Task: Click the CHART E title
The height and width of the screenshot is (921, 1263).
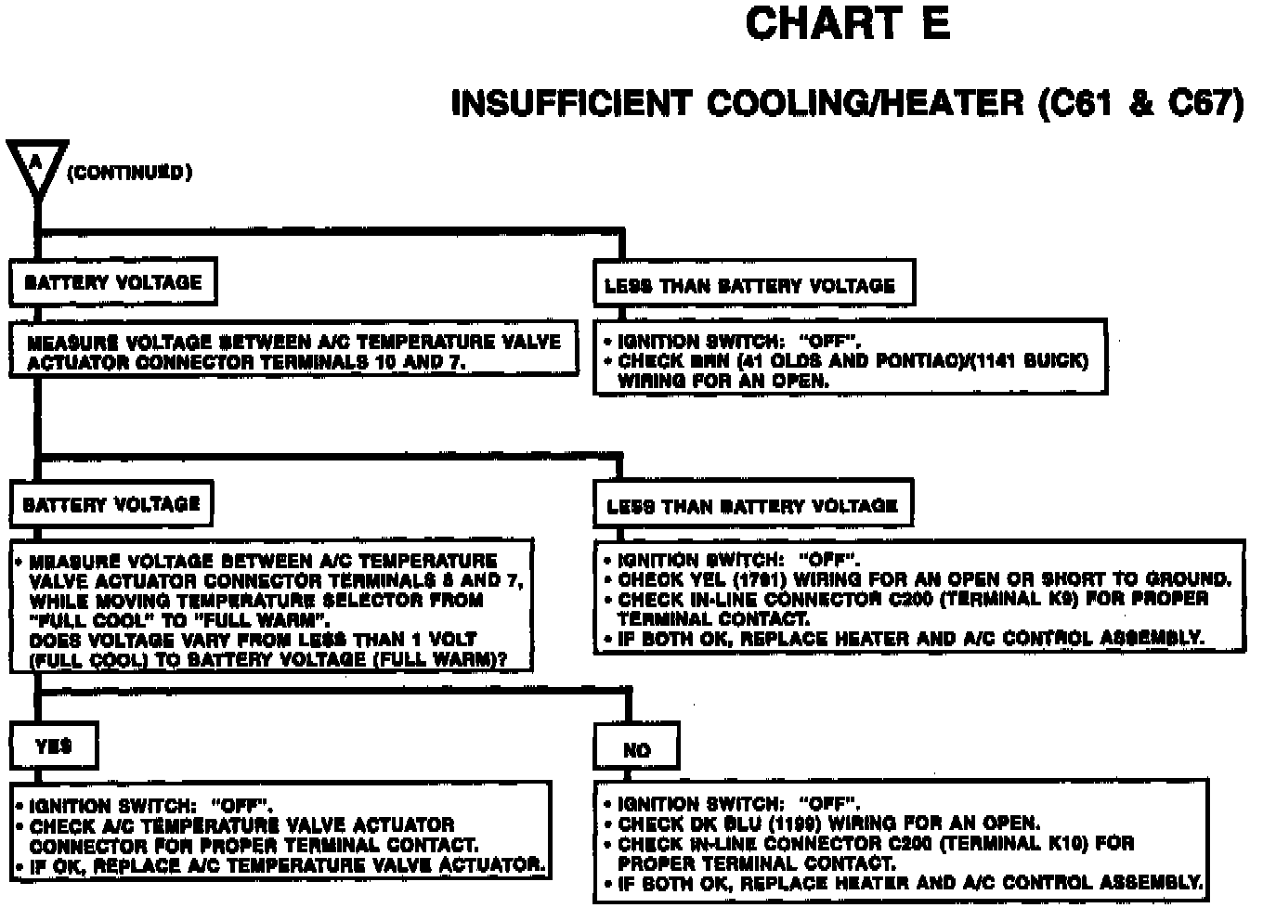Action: point(847,24)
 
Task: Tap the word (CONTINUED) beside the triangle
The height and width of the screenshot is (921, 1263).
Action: point(129,173)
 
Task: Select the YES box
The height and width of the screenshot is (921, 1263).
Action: point(53,746)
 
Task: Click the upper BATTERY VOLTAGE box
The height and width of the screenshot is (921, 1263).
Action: point(112,282)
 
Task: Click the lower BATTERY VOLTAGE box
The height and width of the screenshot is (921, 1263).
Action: point(111,504)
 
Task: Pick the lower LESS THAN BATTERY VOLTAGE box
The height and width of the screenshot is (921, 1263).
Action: point(752,506)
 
